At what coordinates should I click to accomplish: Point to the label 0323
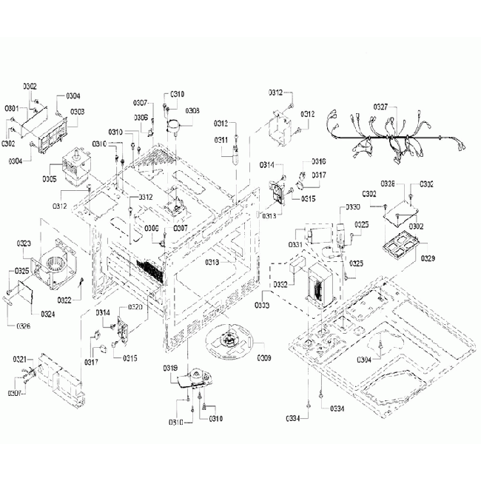pyautogui.click(x=24, y=243)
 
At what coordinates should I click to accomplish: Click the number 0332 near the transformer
pyautogui.click(x=280, y=284)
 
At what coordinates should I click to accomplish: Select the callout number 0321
pyautogui.click(x=21, y=359)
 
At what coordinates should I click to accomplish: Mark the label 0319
pyautogui.click(x=170, y=368)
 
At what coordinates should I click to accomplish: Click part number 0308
pyautogui.click(x=192, y=111)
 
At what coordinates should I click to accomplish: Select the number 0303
pyautogui.click(x=77, y=112)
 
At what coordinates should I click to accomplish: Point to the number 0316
pyautogui.click(x=318, y=161)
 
